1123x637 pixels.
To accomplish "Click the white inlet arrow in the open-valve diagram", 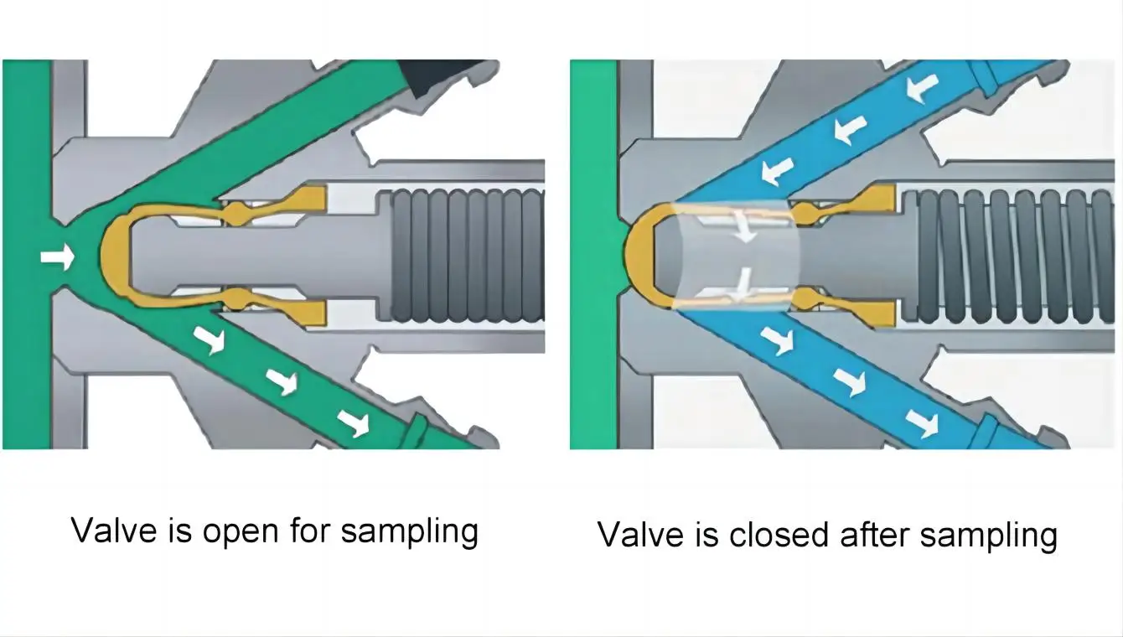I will (57, 258).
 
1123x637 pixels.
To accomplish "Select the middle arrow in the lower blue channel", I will (849, 381).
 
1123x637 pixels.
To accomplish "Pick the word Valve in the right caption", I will (640, 534).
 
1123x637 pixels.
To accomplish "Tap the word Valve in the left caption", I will (114, 531).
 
